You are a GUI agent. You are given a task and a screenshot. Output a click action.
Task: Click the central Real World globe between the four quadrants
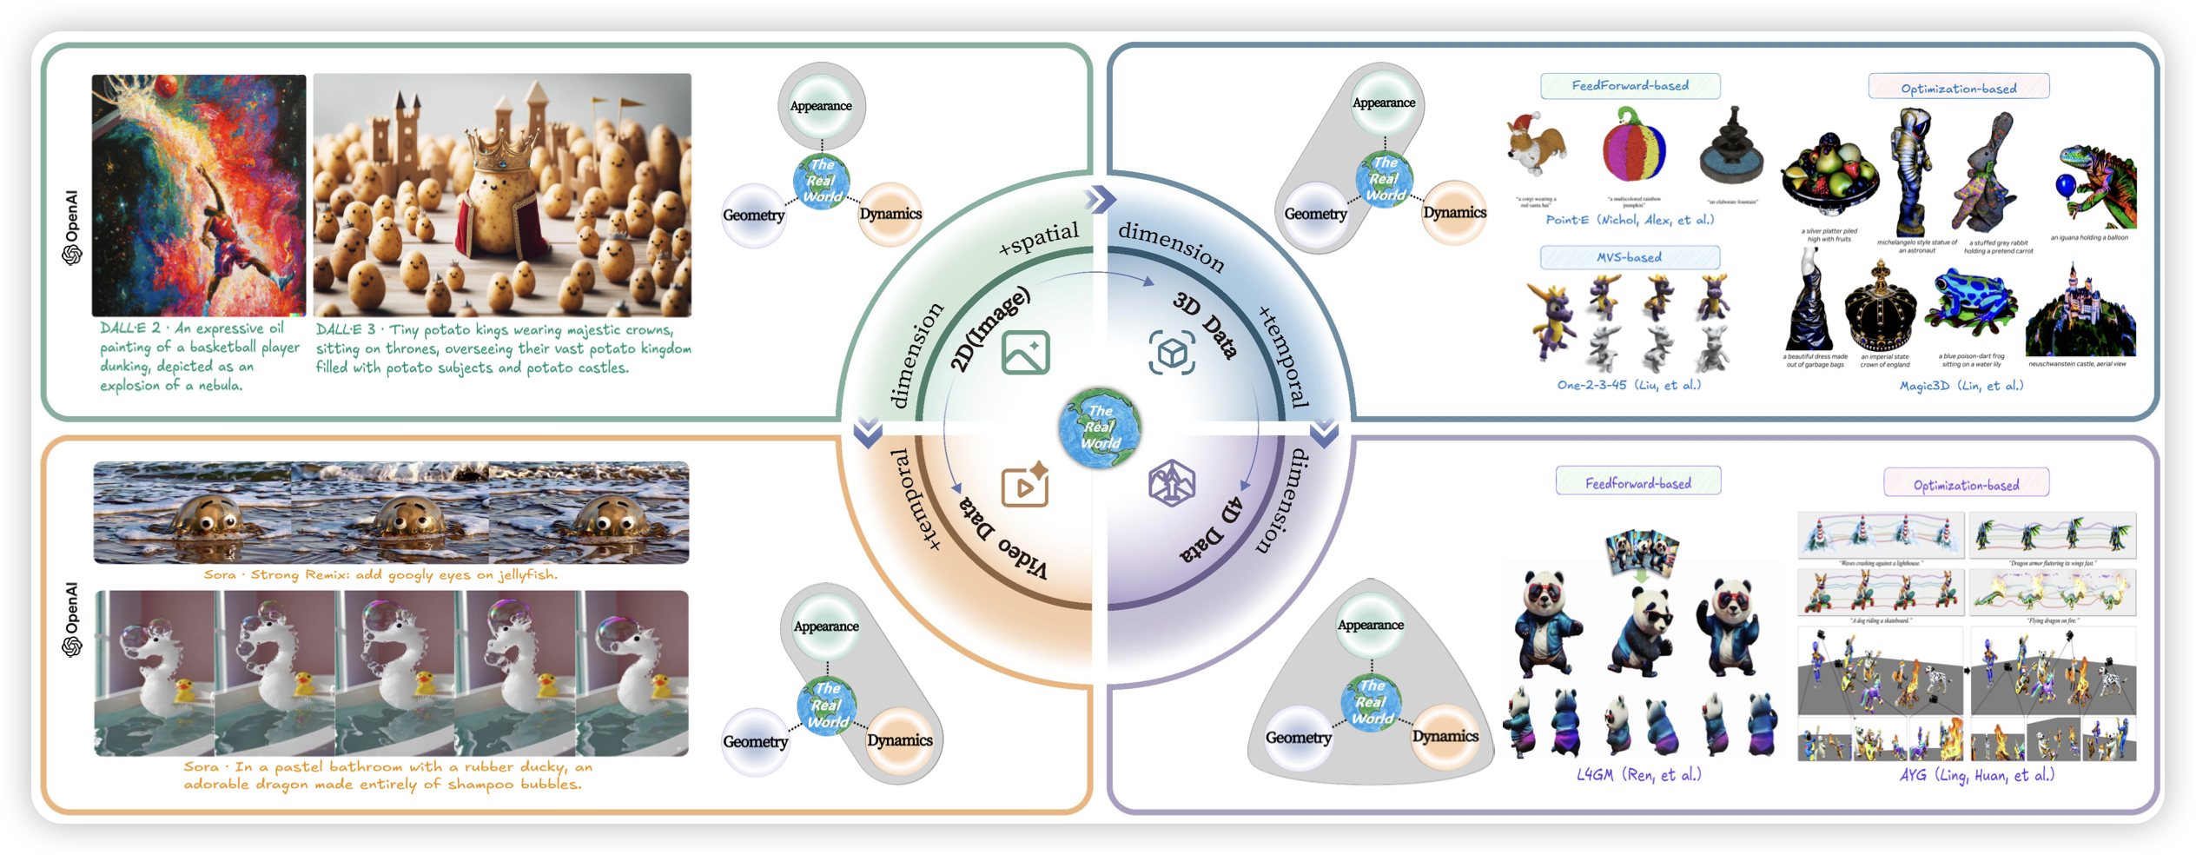click(x=1100, y=427)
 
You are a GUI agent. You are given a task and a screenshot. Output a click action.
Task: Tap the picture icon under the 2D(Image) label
click(x=1025, y=352)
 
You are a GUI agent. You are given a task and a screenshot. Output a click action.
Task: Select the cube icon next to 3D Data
click(x=1172, y=352)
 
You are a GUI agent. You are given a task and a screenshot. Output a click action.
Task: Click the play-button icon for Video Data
click(x=1025, y=486)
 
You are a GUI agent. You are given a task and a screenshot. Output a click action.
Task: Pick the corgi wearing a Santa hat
click(x=1536, y=148)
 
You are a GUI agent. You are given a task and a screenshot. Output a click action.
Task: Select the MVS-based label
click(x=1630, y=257)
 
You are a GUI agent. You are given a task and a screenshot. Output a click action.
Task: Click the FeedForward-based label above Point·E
click(x=1630, y=86)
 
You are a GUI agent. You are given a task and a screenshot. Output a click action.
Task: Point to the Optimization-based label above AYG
click(x=1966, y=485)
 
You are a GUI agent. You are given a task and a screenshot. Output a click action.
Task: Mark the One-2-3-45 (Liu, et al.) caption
click(x=1629, y=385)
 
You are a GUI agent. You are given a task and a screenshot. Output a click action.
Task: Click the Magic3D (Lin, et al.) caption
click(x=1961, y=386)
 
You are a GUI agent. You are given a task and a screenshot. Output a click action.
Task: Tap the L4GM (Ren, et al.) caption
click(x=1638, y=774)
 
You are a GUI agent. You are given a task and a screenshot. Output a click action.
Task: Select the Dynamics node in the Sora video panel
click(x=899, y=740)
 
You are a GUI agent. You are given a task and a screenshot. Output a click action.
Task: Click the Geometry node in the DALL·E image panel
click(x=753, y=215)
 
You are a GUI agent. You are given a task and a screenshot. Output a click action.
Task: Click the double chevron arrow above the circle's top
click(x=1100, y=199)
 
